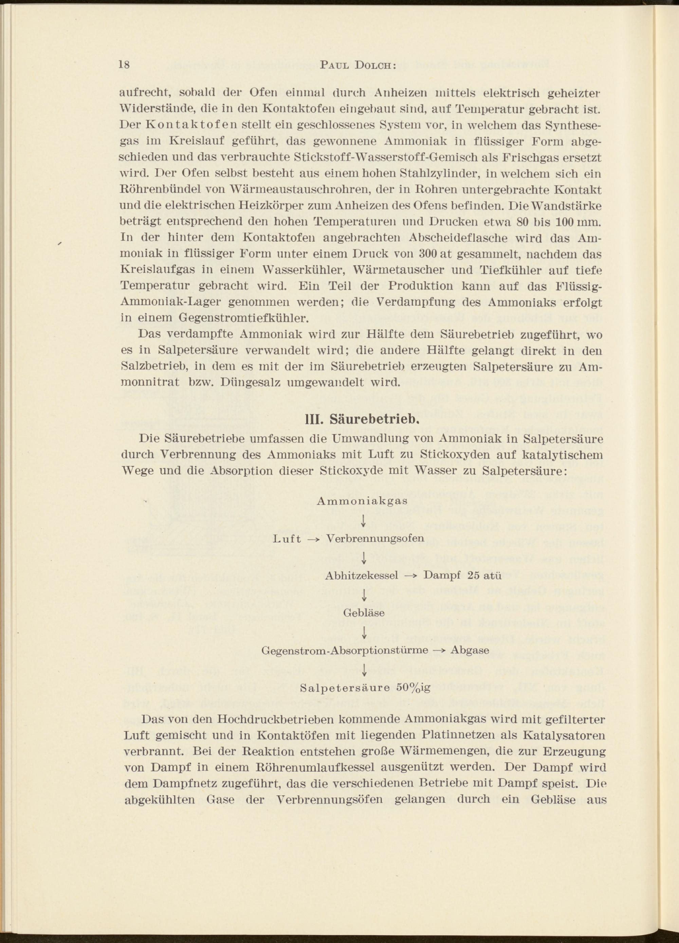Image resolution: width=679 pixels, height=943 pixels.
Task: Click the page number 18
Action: coord(124,65)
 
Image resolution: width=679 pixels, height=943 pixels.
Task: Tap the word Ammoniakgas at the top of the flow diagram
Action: coord(362,501)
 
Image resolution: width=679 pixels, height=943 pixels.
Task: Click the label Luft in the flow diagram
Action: coord(288,539)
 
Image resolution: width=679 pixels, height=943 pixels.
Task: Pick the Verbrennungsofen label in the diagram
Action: coord(369,539)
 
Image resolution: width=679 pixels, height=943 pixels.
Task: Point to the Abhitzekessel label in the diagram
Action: coord(362,576)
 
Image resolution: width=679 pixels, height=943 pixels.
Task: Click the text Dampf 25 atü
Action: coord(462,576)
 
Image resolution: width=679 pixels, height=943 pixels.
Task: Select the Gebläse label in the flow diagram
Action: coord(364,613)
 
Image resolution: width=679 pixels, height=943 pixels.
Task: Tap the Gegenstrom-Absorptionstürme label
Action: coord(345,650)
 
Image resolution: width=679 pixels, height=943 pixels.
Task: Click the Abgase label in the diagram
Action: coord(470,650)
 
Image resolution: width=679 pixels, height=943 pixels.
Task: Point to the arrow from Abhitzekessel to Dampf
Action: coord(411,576)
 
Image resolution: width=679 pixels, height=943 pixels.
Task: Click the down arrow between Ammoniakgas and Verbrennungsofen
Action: coord(364,520)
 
